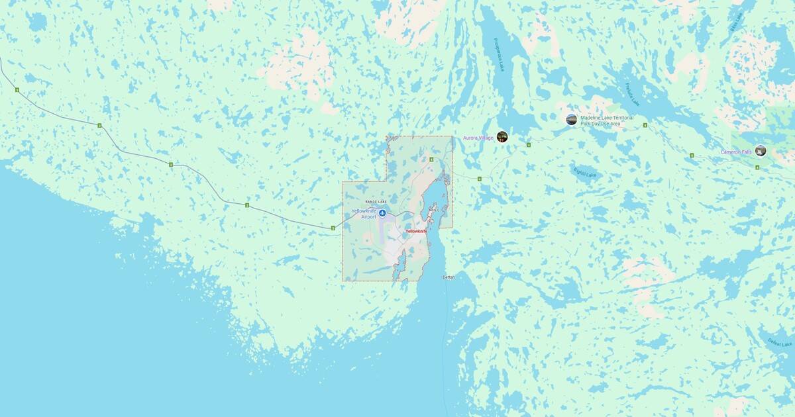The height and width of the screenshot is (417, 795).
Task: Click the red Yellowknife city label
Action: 416,231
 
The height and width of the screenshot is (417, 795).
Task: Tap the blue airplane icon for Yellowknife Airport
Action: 382,212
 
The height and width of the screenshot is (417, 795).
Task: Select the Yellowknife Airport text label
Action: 364,213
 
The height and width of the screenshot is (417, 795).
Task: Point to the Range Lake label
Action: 376,201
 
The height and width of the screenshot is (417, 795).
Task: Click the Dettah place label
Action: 449,277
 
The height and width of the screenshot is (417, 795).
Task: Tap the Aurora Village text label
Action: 478,138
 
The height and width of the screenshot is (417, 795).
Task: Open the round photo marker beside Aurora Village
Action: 502,136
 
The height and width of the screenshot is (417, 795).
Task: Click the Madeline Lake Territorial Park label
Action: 606,120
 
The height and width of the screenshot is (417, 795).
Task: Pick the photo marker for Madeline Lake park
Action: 571,119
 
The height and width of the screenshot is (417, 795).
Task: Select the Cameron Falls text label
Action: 736,152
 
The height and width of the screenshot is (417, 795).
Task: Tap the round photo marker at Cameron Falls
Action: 761,150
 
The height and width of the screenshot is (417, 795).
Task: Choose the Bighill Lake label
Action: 584,172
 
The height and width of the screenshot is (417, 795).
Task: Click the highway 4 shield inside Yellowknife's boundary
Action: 431,160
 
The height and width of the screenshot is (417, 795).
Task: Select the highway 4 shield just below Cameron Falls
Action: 757,167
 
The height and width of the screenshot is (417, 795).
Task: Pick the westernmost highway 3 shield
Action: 17,90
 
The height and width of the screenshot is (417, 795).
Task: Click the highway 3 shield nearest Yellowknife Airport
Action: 333,228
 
